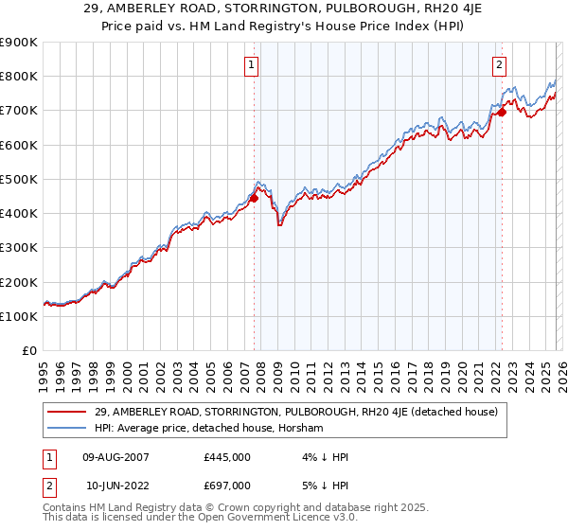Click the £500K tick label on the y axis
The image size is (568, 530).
[19, 179]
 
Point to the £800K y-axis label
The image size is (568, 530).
[19, 76]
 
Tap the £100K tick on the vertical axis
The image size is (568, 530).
[19, 316]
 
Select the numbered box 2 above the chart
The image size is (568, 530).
[499, 65]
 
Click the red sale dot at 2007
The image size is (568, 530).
[254, 198]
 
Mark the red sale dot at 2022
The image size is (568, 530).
[502, 112]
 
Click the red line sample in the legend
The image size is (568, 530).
[69, 412]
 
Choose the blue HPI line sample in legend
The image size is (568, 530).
[69, 428]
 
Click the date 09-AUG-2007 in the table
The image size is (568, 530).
[115, 457]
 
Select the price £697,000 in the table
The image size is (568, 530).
[227, 485]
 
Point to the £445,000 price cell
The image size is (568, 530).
[227, 457]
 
